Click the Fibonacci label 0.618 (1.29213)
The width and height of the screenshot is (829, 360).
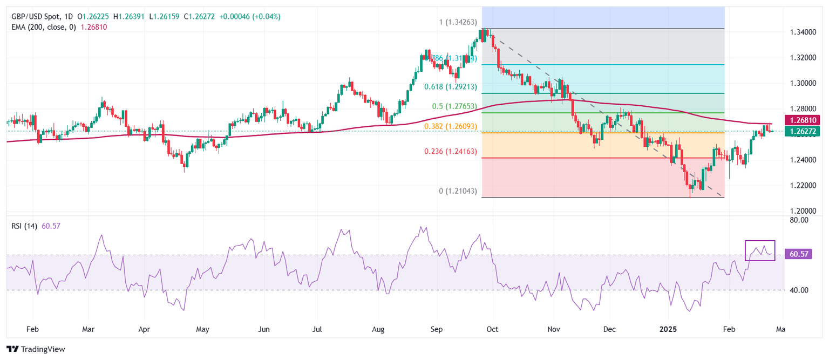pos(450,86)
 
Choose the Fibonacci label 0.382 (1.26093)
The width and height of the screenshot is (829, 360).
pos(450,126)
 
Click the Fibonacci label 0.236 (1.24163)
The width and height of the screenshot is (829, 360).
pos(450,152)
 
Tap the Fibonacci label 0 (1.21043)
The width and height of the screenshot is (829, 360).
pos(458,191)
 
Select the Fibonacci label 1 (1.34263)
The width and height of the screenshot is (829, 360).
pos(458,22)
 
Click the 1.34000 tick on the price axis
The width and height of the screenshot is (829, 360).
pos(801,32)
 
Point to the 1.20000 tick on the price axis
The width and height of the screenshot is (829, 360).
pos(801,210)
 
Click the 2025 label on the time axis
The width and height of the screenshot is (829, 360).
pos(668,328)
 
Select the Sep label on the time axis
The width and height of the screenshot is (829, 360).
pos(437,328)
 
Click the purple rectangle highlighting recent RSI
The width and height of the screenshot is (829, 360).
pos(760,251)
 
